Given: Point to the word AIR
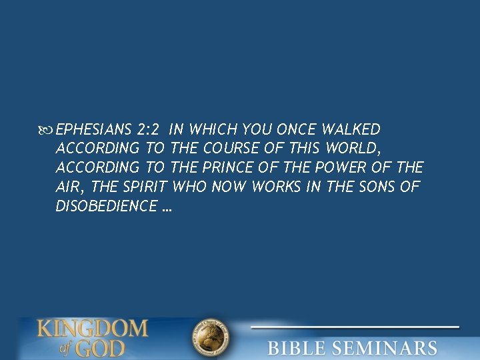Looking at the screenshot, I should (68, 187).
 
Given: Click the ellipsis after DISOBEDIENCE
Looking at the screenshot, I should (167, 207).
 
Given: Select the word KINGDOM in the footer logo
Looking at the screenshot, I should (93, 329).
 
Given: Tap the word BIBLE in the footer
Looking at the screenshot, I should (298, 348).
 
